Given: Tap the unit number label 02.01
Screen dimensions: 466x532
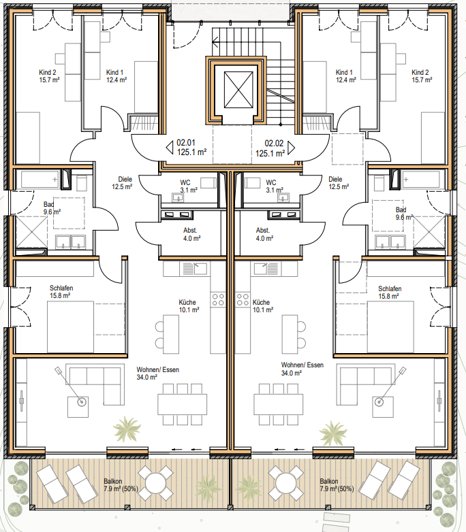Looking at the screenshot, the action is pos(186,143).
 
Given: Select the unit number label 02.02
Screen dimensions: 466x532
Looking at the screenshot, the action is pos(274,144).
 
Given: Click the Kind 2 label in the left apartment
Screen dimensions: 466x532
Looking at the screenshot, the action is pos(48,72).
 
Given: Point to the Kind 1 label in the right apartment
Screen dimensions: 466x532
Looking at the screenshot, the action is pos(344,72).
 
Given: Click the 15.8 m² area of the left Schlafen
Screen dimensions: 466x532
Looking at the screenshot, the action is pos(60,295).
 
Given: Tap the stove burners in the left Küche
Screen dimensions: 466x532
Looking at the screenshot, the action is pos(218,299).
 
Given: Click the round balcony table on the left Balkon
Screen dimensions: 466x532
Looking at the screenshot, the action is pos(155,483).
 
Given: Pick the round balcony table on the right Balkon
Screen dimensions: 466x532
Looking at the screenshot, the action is pos(285,483).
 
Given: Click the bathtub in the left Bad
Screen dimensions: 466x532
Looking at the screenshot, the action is pos(40,180).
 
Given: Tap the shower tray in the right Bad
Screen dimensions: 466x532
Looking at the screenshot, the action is pos(429,232).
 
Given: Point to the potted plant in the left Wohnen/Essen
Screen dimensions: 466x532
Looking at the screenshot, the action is pos(127,429).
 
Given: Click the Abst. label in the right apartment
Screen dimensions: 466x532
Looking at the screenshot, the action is pos(263,231).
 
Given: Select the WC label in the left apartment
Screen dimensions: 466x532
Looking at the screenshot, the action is pos(185,182).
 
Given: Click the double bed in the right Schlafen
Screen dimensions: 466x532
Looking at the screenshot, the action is pos(390,327).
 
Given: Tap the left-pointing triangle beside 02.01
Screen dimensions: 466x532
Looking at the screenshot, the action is pos(170,148).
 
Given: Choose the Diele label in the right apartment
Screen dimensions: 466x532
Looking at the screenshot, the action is pos(335,179).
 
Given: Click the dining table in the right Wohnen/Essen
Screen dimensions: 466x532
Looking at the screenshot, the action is pos(278,404).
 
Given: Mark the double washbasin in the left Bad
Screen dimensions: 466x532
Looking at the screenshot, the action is pos(71,242).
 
